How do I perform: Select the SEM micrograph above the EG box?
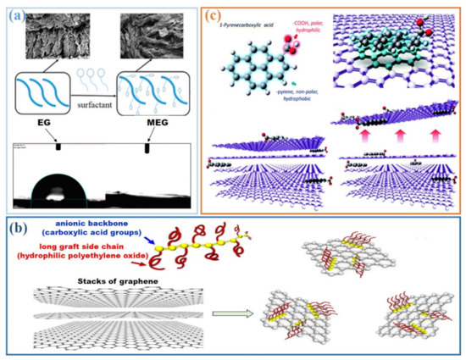point(57,38)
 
